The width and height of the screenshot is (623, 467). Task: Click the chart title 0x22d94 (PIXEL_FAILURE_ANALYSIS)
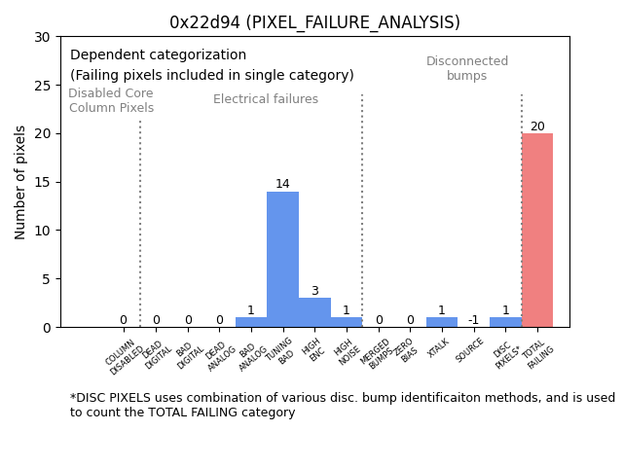click(x=314, y=22)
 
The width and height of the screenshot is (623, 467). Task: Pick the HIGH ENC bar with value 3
click(x=314, y=312)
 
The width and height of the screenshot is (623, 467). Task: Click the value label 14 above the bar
click(x=282, y=184)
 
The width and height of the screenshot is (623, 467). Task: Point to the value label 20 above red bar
click(x=537, y=126)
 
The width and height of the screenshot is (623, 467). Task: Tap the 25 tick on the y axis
click(x=46, y=86)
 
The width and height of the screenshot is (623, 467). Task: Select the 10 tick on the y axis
click(x=46, y=231)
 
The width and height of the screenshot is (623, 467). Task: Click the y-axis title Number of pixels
click(x=21, y=182)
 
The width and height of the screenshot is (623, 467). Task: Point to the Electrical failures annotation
click(x=266, y=99)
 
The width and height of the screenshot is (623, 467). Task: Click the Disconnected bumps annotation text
click(x=467, y=68)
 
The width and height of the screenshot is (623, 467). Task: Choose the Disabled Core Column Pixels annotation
click(x=111, y=100)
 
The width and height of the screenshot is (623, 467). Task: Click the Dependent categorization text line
click(x=158, y=55)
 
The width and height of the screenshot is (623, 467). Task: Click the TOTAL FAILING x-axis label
click(x=538, y=356)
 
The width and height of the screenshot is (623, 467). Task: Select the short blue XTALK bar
click(x=441, y=322)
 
